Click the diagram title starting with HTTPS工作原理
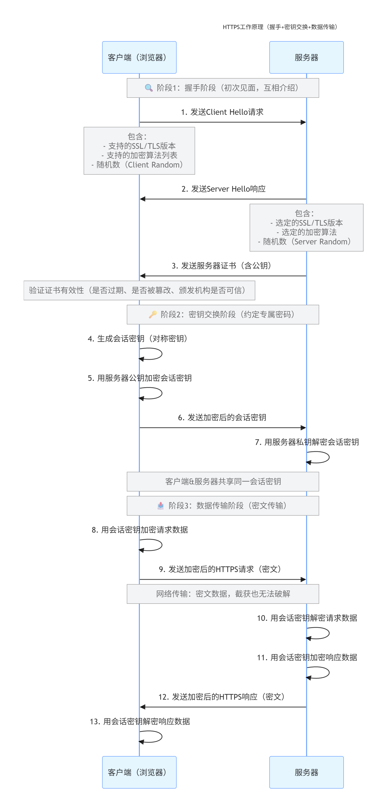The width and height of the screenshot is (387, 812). pos(280,27)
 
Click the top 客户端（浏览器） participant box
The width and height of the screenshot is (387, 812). pos(139,57)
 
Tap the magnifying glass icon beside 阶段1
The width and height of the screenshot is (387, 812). pos(149,88)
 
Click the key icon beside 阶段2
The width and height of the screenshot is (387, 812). pos(153,314)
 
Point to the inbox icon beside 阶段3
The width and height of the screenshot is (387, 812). pos(161,505)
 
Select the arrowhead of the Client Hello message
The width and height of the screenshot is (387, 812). pos(303,122)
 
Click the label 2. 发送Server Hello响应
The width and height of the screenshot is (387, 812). pos(223,189)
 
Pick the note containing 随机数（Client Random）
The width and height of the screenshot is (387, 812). pos(139,151)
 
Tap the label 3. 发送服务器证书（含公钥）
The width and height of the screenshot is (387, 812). pos(221,266)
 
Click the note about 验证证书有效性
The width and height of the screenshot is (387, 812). pos(139,290)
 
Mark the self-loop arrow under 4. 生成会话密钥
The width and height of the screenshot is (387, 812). pos(155,354)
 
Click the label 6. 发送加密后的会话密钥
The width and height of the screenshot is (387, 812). pos(222,417)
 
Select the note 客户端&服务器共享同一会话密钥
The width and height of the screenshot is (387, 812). pos(223,481)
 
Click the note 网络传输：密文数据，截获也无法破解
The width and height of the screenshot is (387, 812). pos(223,594)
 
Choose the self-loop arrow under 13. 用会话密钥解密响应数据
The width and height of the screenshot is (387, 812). pos(155,737)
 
